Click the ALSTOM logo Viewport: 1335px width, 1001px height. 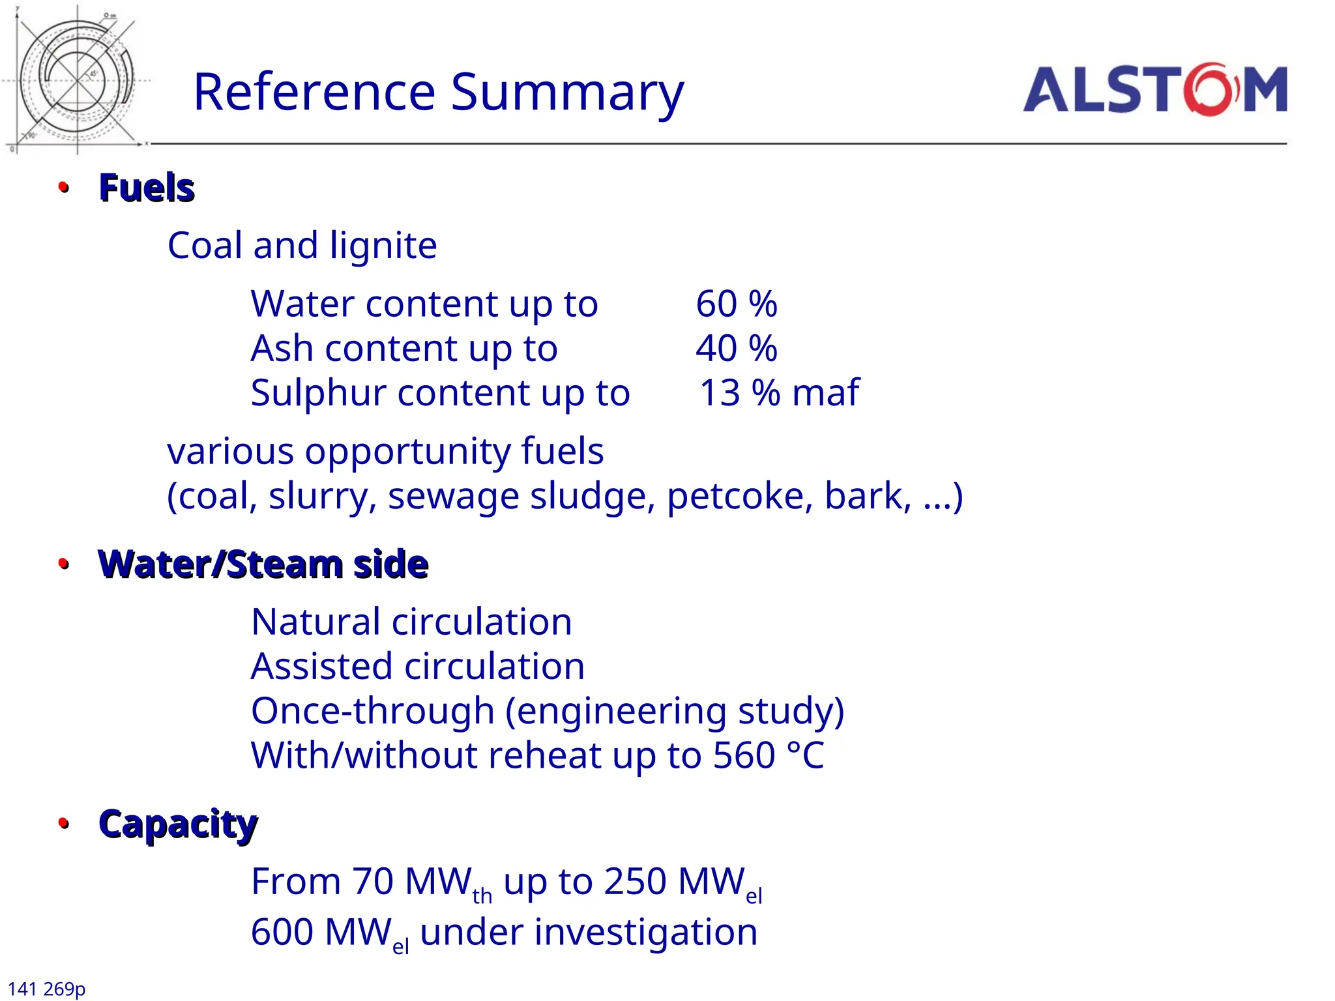point(1154,90)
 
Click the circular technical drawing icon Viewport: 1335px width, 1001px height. point(77,80)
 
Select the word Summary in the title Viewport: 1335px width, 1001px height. point(567,93)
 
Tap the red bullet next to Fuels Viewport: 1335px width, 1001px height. point(63,188)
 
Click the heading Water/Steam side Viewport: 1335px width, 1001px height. point(263,564)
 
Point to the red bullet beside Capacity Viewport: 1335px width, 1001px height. point(63,823)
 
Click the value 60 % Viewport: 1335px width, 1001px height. point(736,304)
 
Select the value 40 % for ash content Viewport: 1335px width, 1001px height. point(736,348)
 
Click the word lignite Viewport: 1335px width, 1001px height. point(383,246)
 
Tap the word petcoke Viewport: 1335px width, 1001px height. point(739,496)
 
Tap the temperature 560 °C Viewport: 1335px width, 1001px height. point(769,755)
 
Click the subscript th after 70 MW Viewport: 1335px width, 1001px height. point(482,896)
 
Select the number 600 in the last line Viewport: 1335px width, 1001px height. point(282,932)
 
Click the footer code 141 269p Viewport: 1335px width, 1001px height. point(46,989)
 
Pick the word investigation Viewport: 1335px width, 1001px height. point(645,932)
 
